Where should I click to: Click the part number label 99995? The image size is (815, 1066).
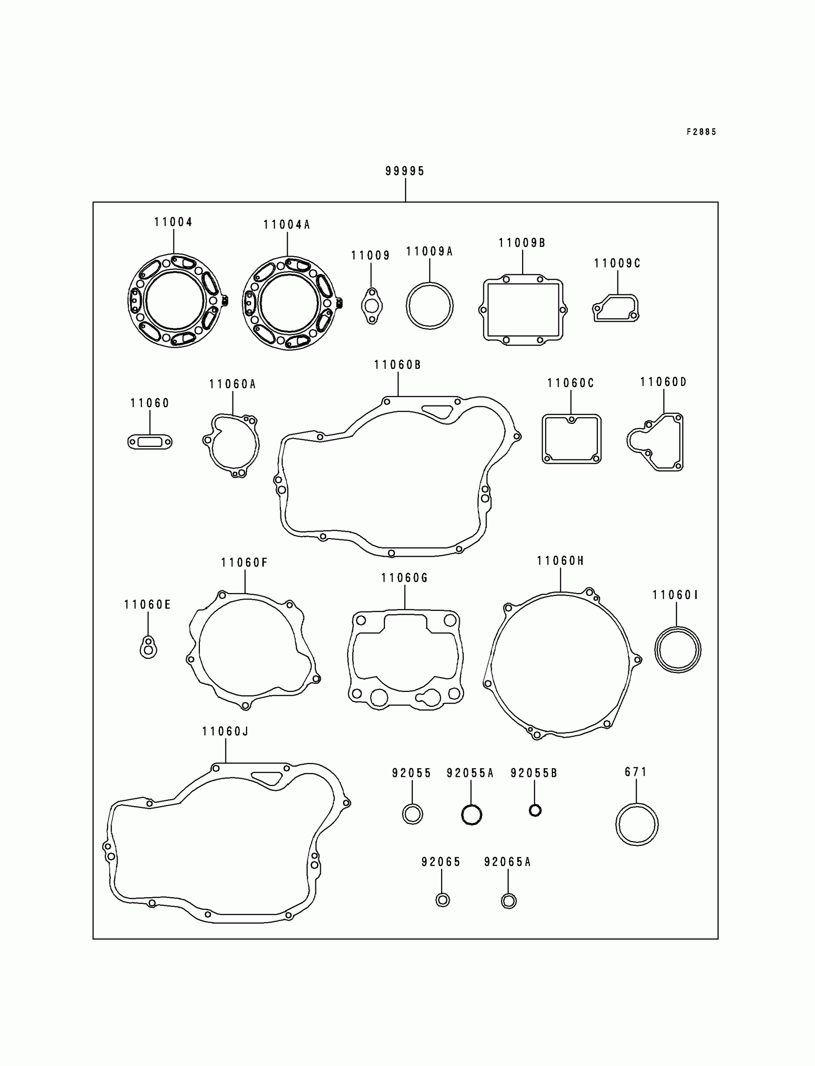(405, 171)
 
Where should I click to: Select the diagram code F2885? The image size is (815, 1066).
(701, 132)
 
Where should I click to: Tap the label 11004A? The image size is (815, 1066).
(286, 224)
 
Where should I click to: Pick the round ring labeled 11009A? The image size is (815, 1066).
(407, 306)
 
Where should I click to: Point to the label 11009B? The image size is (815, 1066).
(522, 243)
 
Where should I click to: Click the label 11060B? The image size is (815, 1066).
(397, 365)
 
